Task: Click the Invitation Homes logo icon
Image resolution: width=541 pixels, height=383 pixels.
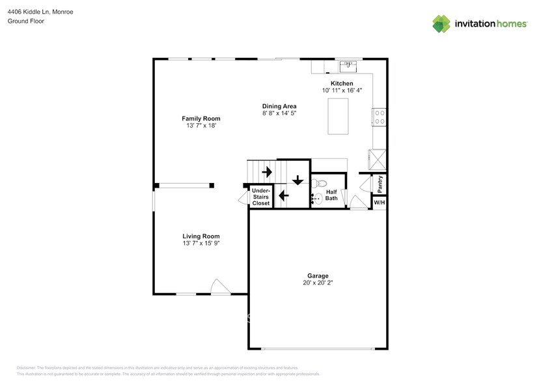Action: click(441, 23)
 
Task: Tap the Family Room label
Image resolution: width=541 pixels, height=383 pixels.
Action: click(201, 119)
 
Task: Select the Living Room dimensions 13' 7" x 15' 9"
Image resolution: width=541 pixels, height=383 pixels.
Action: click(201, 244)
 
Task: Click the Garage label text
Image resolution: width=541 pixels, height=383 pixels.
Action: click(318, 276)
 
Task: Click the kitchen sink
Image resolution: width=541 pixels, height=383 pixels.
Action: click(348, 65)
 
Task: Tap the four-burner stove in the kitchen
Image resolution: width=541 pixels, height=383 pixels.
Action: click(378, 117)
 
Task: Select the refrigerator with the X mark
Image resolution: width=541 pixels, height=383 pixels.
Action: click(377, 158)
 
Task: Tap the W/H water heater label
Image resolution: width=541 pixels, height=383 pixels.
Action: click(379, 203)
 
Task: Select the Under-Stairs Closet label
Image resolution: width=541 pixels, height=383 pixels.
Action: click(261, 197)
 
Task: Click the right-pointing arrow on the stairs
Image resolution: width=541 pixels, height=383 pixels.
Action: click(266, 173)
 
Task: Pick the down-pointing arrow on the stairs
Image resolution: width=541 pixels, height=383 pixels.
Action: click(298, 180)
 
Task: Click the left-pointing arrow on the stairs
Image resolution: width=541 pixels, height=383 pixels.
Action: click(283, 194)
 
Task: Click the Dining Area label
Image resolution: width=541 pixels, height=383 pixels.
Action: click(279, 106)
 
